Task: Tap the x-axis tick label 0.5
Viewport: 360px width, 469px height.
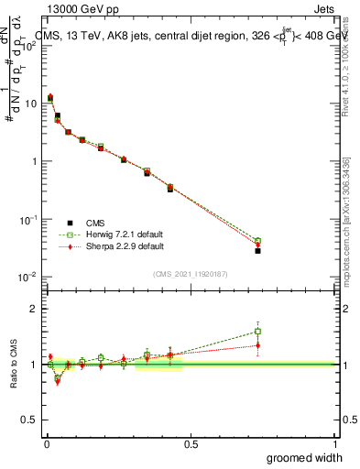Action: pyautogui.click(x=191, y=444)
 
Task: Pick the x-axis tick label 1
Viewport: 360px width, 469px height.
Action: pyautogui.click(x=334, y=444)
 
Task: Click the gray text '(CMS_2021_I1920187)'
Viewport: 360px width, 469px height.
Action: pyautogui.click(x=191, y=273)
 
